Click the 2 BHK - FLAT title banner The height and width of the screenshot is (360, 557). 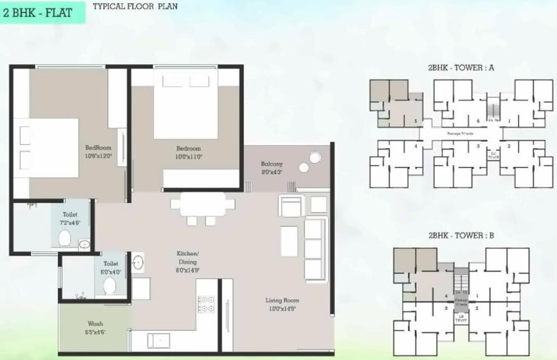pyautogui.click(x=42, y=11)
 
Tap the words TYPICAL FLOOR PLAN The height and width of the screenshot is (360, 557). pyautogui.click(x=135, y=7)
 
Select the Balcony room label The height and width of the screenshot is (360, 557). pyautogui.click(x=272, y=168)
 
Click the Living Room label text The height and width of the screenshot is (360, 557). pyautogui.click(x=282, y=304)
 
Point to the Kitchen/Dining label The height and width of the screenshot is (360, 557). pyautogui.click(x=188, y=262)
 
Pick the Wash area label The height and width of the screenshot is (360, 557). pyautogui.click(x=95, y=327)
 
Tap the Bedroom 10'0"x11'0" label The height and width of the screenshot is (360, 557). pyautogui.click(x=188, y=152)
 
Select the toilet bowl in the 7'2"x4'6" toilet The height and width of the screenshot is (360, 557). pyautogui.click(x=65, y=237)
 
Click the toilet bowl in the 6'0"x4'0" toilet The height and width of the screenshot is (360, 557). pyautogui.click(x=109, y=284)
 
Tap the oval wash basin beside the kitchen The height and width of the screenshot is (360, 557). pyautogui.click(x=138, y=261)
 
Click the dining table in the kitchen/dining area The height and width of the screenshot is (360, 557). pyautogui.click(x=202, y=204)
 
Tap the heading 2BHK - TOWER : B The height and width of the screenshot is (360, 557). pyautogui.click(x=461, y=236)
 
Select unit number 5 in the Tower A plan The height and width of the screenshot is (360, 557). pyautogui.click(x=416, y=120)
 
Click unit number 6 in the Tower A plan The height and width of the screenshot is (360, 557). pyautogui.click(x=478, y=120)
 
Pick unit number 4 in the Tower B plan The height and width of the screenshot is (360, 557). pyautogui.click(x=447, y=296)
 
